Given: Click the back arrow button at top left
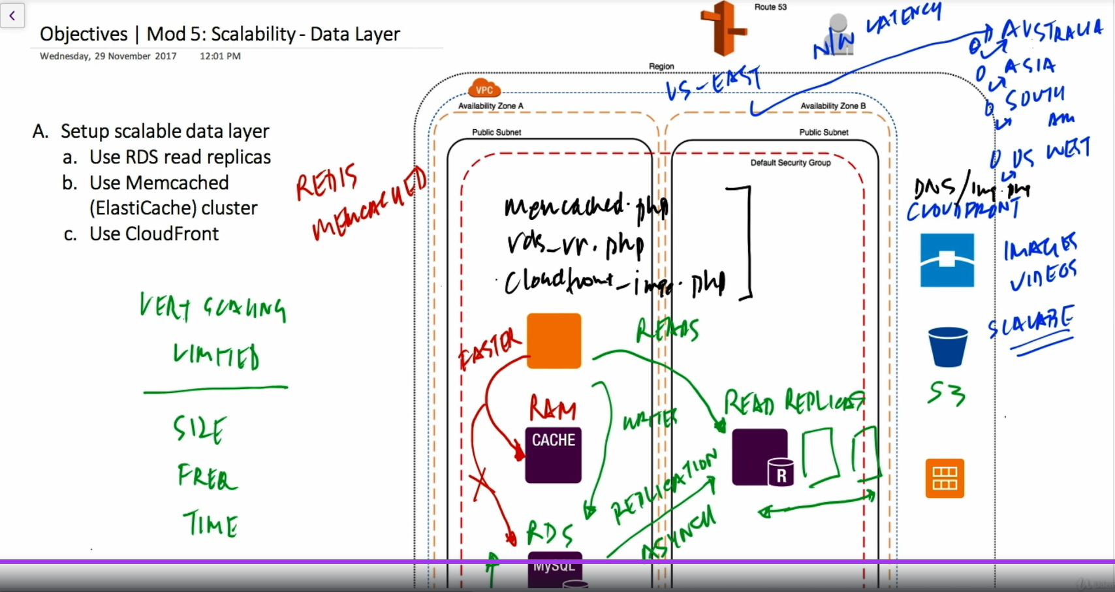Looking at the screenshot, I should click(x=12, y=16).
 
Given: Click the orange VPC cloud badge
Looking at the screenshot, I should click(x=484, y=89).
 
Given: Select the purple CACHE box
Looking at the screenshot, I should click(x=553, y=455).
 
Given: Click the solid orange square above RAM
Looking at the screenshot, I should click(x=554, y=341).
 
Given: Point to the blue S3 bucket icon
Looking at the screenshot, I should click(x=947, y=347).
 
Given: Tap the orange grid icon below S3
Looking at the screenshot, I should click(x=945, y=478).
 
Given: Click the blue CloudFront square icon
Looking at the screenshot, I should click(x=947, y=260).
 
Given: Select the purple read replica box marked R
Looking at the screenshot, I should click(x=760, y=457).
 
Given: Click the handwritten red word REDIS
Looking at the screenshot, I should click(x=326, y=182).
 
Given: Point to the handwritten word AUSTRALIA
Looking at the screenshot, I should click(x=1051, y=31).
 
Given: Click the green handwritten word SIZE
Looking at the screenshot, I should click(x=200, y=429).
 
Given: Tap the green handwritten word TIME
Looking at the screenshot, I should click(x=210, y=524).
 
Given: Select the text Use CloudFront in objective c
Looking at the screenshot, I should click(x=154, y=234).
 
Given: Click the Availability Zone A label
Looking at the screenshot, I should click(x=490, y=106).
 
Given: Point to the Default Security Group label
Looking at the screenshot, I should click(x=790, y=163).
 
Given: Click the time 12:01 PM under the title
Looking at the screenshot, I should click(x=220, y=56).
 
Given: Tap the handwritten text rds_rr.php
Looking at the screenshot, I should click(x=574, y=245).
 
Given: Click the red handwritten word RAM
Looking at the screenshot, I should click(x=552, y=409).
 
